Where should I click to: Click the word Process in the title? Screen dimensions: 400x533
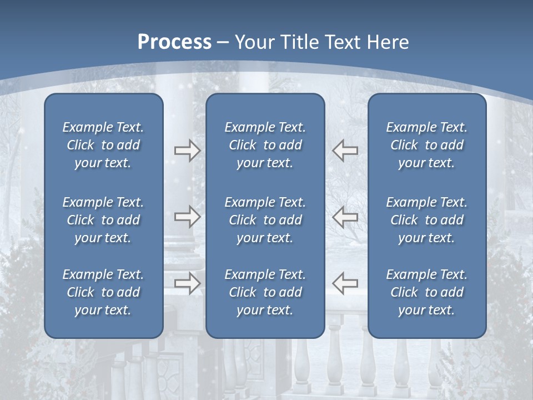[174, 42]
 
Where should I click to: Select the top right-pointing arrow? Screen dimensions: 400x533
[187, 151]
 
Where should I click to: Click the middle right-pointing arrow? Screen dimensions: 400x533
[187, 217]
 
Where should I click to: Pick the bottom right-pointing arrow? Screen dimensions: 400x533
[187, 283]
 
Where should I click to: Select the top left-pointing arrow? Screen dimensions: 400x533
[345, 151]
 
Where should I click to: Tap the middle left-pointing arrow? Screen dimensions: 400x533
[345, 217]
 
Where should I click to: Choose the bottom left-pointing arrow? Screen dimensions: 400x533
[345, 283]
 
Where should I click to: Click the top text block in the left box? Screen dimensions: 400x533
[103, 145]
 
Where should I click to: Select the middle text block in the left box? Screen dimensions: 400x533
[103, 220]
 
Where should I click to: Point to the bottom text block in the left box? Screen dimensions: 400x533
[103, 292]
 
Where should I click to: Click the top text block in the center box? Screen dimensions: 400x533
[265, 145]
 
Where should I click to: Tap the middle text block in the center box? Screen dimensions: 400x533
[265, 220]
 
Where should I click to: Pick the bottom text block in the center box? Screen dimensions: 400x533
[265, 292]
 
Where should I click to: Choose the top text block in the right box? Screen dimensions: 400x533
[426, 145]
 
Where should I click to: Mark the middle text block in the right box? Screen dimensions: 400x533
[426, 220]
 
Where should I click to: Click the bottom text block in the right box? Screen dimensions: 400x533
[426, 292]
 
